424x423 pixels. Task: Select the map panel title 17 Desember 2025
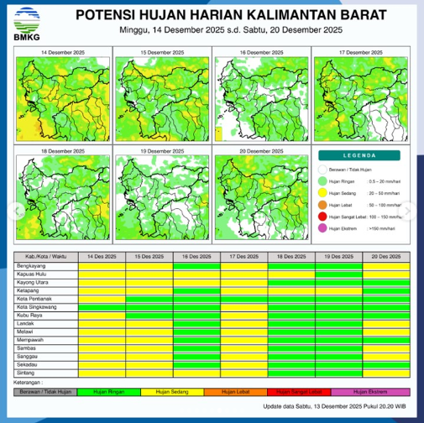(359, 52)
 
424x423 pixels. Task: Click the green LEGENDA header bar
(361, 155)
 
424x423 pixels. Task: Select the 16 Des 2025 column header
(196, 255)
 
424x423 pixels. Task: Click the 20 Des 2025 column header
(386, 255)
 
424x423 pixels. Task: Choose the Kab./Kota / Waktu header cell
(44, 255)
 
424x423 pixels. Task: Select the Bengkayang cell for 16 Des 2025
(196, 266)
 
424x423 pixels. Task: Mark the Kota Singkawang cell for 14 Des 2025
(101, 307)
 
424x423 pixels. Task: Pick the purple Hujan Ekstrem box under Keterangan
(370, 391)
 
